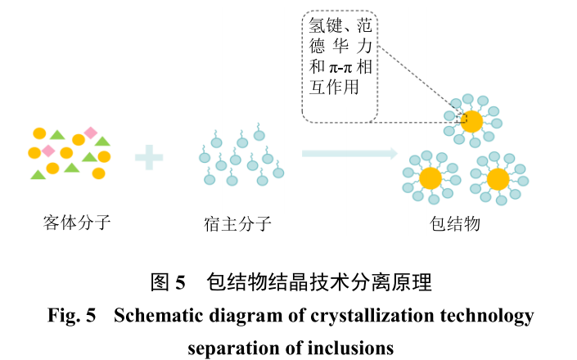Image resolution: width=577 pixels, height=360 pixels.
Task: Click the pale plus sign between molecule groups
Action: point(149,156)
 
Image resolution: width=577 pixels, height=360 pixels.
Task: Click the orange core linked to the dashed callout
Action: point(472,122)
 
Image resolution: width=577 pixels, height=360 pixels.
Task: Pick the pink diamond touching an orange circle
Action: point(49,151)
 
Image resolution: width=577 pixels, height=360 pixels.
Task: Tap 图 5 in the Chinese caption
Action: point(169,283)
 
